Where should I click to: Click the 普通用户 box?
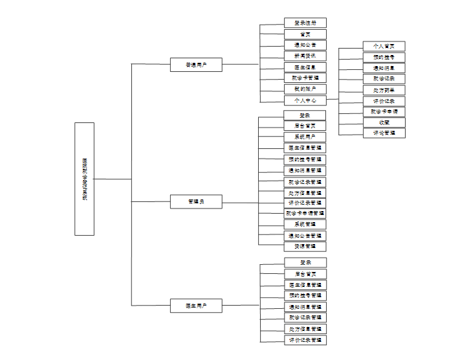tap(196, 65)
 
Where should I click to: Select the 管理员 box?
tap(196, 202)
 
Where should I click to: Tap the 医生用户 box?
tap(196, 306)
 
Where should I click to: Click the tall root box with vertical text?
tap(84, 179)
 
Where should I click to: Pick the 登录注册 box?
tap(305, 23)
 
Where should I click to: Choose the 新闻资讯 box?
tap(305, 56)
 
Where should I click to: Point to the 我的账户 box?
tap(305, 89)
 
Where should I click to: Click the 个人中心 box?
tap(305, 100)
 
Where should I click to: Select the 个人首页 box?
tap(384, 46)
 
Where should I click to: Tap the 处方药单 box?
tap(384, 90)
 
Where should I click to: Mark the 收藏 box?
tap(384, 122)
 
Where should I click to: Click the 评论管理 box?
tap(384, 133)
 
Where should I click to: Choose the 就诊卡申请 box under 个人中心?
tap(384, 111)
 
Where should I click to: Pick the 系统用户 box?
tap(305, 137)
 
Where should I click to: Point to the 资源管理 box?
tap(305, 246)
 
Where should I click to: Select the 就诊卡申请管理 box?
tap(305, 213)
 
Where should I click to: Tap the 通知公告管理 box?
tap(305, 236)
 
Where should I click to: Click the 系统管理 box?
tap(305, 224)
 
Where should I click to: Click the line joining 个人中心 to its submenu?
tap(332, 100)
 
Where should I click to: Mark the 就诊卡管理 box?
tap(305, 78)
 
